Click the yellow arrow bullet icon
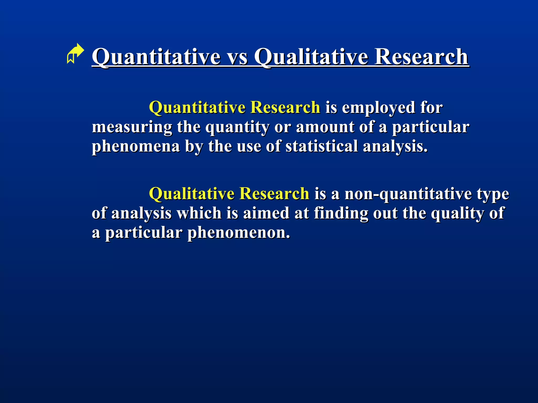point(75,54)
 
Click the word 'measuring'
point(132,128)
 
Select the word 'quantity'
point(237,128)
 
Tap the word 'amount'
point(325,127)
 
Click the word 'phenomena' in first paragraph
point(136,147)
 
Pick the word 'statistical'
point(322,146)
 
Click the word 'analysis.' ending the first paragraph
point(395,147)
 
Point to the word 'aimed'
point(266,213)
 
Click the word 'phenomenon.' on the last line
point(239,233)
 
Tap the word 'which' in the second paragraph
point(199,213)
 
